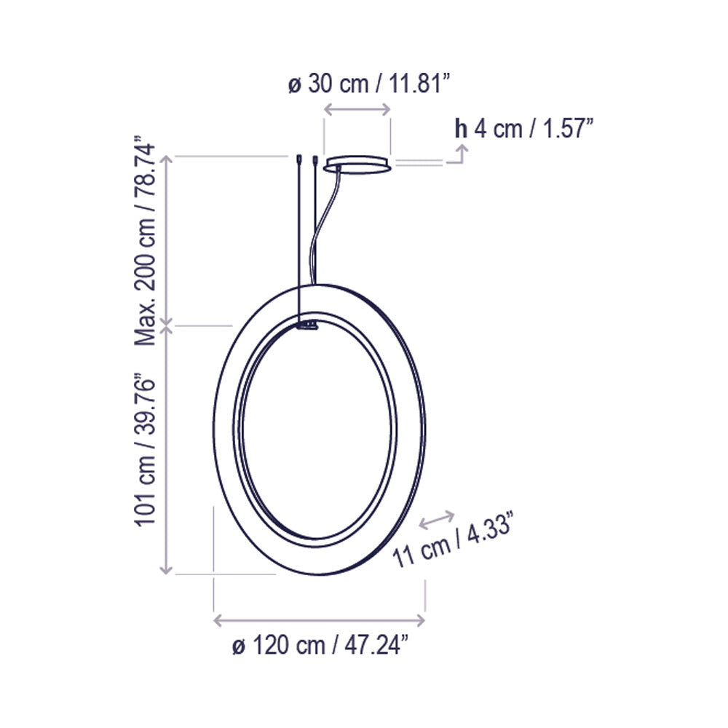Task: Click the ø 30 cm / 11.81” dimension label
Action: coord(367,84)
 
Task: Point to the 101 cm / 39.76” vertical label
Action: coord(145,450)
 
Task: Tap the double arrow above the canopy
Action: coord(357,109)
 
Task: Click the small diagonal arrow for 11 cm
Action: coord(437,520)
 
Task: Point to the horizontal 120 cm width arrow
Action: coord(319,620)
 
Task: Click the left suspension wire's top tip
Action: coord(299,158)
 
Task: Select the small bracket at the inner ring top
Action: coord(308,325)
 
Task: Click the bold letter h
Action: coord(461,129)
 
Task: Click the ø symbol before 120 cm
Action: coord(237,646)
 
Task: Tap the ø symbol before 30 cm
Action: coord(295,84)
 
